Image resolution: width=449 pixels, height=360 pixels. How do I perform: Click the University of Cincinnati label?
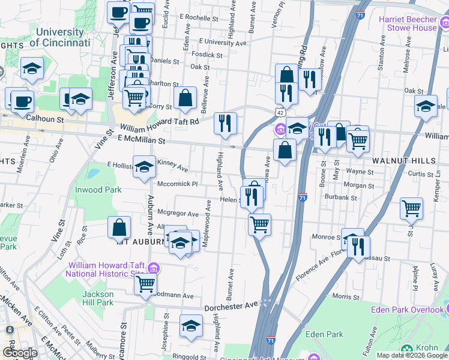(59, 37)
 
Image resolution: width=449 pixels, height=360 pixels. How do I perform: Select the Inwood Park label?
(98, 190)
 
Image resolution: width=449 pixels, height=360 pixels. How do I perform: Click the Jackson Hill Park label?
(98, 298)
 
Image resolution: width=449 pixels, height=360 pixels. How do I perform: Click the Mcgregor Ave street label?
(177, 214)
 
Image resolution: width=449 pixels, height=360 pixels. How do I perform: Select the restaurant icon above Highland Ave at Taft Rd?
(226, 124)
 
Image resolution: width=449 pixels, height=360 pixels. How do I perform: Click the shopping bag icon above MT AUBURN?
(119, 227)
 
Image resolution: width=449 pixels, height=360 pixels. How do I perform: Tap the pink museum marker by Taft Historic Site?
(154, 266)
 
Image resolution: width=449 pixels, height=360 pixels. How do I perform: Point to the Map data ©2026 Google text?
(412, 355)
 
